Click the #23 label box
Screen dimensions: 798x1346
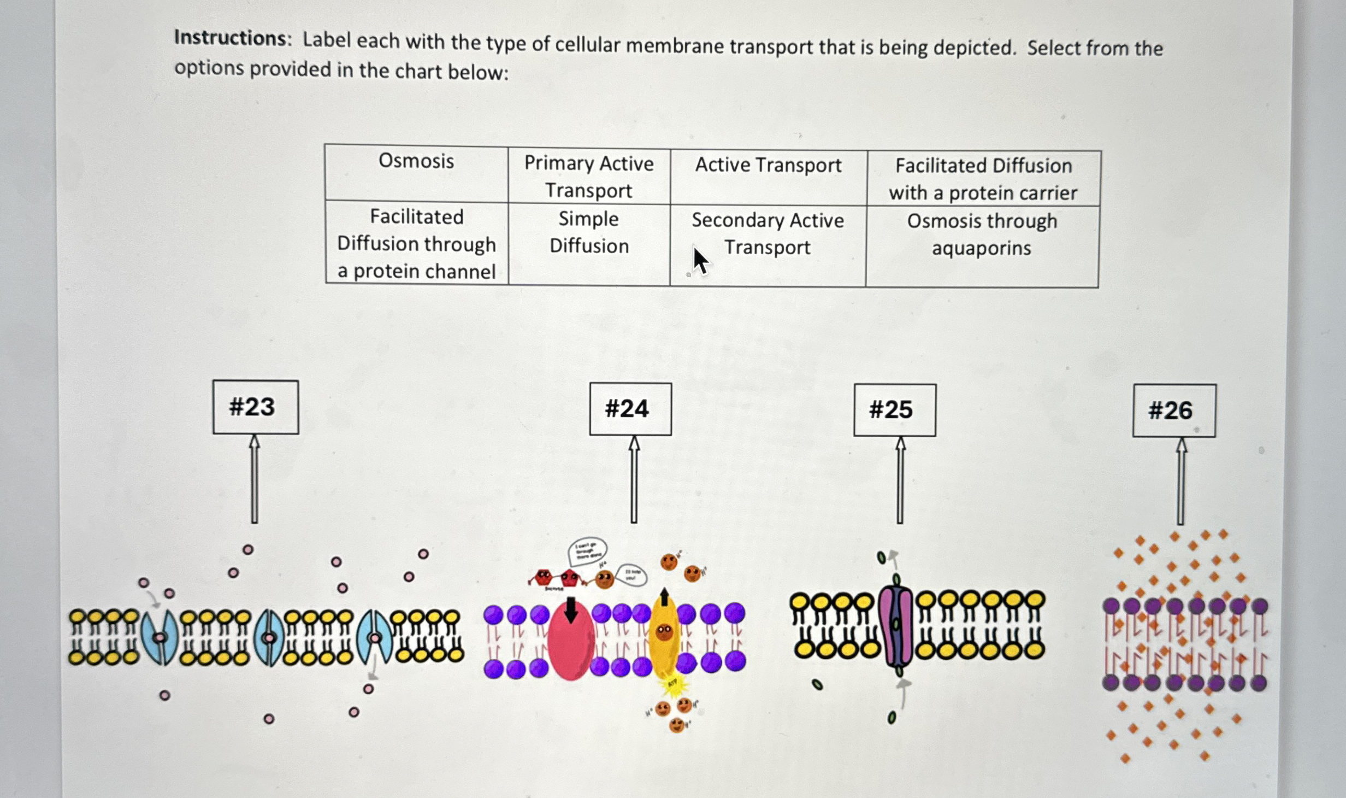256,407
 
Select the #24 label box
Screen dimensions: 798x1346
630,409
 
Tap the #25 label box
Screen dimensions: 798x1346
895,410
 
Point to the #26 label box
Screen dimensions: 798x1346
1174,410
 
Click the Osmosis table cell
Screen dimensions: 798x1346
416,173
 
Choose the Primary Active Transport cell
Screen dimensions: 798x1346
589,177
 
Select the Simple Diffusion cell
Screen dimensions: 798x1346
589,244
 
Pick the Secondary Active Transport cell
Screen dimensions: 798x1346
768,245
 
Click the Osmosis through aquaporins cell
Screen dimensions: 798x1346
982,246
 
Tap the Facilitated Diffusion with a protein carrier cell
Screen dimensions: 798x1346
983,179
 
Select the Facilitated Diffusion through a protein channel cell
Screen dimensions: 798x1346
416,243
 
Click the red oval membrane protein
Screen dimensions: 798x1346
570,642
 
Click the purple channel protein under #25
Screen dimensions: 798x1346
896,626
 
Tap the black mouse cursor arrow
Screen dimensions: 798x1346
700,261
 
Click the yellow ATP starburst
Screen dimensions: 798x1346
673,684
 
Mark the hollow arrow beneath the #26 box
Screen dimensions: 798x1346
1180,481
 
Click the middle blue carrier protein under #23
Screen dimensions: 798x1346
269,638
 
